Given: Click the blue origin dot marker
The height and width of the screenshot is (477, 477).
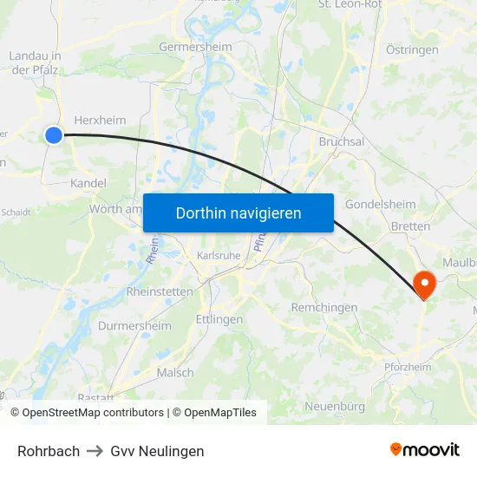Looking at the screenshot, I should tap(54, 134).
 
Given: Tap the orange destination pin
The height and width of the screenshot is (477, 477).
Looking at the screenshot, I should tap(425, 283).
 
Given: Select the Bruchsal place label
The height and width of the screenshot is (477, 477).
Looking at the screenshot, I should tap(341, 141).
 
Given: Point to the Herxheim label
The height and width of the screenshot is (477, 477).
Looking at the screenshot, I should tap(100, 121).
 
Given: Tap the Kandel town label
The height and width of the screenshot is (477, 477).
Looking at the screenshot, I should tap(88, 183).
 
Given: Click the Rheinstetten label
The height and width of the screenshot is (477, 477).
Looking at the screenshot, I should tap(160, 291).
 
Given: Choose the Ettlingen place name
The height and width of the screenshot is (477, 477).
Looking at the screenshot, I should tap(219, 319).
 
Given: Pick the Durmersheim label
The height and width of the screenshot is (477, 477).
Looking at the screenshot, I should tap(134, 325).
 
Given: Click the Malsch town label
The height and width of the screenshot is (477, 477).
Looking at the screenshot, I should tap(175, 372).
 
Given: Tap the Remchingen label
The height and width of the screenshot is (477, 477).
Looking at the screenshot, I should tap(324, 308).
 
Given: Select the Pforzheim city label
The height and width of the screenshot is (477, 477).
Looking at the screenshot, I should tap(407, 368).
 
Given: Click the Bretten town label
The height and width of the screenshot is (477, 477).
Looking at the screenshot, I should tap(410, 226).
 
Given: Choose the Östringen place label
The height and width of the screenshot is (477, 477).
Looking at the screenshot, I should tap(412, 50).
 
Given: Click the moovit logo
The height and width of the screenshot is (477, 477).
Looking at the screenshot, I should tap(425, 449).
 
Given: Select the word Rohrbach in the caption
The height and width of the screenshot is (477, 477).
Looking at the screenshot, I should tap(49, 451).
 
